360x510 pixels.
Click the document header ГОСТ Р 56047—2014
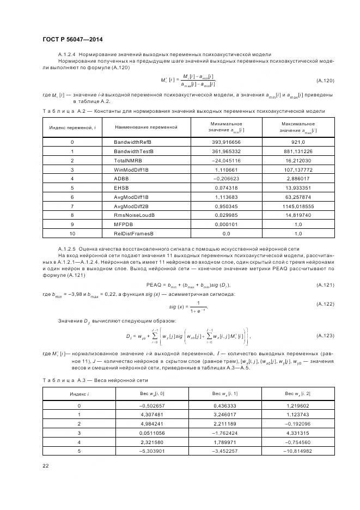(x=72, y=40)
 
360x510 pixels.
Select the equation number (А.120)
(x=325, y=80)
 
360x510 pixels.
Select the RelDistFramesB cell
(x=133, y=233)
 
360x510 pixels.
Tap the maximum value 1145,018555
(x=297, y=206)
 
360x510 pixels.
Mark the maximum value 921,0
(x=297, y=142)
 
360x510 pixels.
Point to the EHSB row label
(x=121, y=187)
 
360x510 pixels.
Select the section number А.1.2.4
(x=69, y=55)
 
